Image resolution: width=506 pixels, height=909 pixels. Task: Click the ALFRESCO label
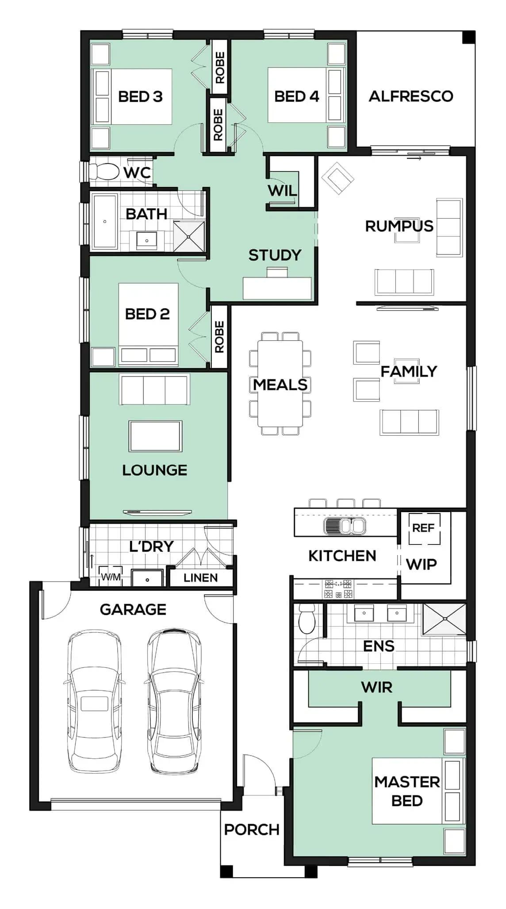pyautogui.click(x=411, y=96)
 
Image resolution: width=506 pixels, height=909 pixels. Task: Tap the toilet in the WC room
pyautogui.click(x=104, y=171)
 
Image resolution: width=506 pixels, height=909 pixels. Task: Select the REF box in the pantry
pyautogui.click(x=424, y=528)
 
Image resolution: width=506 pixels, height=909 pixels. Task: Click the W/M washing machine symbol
pyautogui.click(x=110, y=576)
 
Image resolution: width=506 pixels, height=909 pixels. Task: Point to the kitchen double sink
pyautogui.click(x=345, y=526)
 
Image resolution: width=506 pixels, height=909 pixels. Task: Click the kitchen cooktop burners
pyautogui.click(x=339, y=589)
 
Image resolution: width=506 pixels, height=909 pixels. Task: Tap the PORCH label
pyautogui.click(x=252, y=829)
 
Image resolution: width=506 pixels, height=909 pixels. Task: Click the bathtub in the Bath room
pyautogui.click(x=105, y=221)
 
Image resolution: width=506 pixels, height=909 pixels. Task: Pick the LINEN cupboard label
pyautogui.click(x=201, y=578)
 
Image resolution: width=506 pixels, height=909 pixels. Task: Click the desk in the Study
pyautogui.click(x=277, y=288)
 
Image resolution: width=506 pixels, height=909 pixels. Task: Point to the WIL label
pyautogui.click(x=282, y=191)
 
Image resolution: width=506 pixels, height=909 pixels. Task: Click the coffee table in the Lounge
pyautogui.click(x=155, y=436)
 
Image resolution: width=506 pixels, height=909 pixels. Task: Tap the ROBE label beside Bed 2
pyautogui.click(x=219, y=337)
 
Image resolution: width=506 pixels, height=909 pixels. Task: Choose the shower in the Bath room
pyautogui.click(x=189, y=236)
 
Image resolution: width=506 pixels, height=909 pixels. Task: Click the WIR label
pyautogui.click(x=376, y=687)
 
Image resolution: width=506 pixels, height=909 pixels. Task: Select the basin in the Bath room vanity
pyautogui.click(x=147, y=240)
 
